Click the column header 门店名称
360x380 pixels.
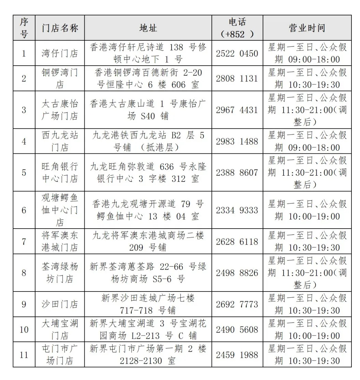pyautogui.click(x=60, y=28)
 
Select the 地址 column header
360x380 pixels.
pyautogui.click(x=148, y=28)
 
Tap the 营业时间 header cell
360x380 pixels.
pyautogui.click(x=307, y=28)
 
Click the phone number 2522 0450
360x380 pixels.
pyautogui.click(x=237, y=53)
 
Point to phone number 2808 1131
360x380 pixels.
pyautogui.click(x=237, y=78)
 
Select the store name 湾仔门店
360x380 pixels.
pyautogui.click(x=60, y=53)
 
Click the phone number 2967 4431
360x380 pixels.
pyautogui.click(x=237, y=110)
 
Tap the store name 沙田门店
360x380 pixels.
pyautogui.click(x=60, y=304)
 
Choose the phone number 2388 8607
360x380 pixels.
pyautogui.click(x=237, y=172)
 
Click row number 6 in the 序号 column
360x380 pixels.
pyautogui.click(x=24, y=210)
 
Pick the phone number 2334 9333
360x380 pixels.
pyautogui.click(x=237, y=210)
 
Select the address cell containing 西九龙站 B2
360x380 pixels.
pyautogui.click(x=148, y=141)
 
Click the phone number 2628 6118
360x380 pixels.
pyautogui.click(x=237, y=242)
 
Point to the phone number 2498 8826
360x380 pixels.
pyautogui.click(x=237, y=273)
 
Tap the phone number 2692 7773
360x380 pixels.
pyautogui.click(x=237, y=304)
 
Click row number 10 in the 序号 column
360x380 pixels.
pyautogui.click(x=24, y=329)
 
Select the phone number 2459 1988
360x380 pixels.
pyautogui.click(x=237, y=355)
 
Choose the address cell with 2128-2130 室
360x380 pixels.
pyautogui.click(x=148, y=355)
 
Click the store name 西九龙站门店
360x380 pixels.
pyautogui.click(x=60, y=141)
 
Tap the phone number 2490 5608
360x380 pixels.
pyautogui.click(x=237, y=329)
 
